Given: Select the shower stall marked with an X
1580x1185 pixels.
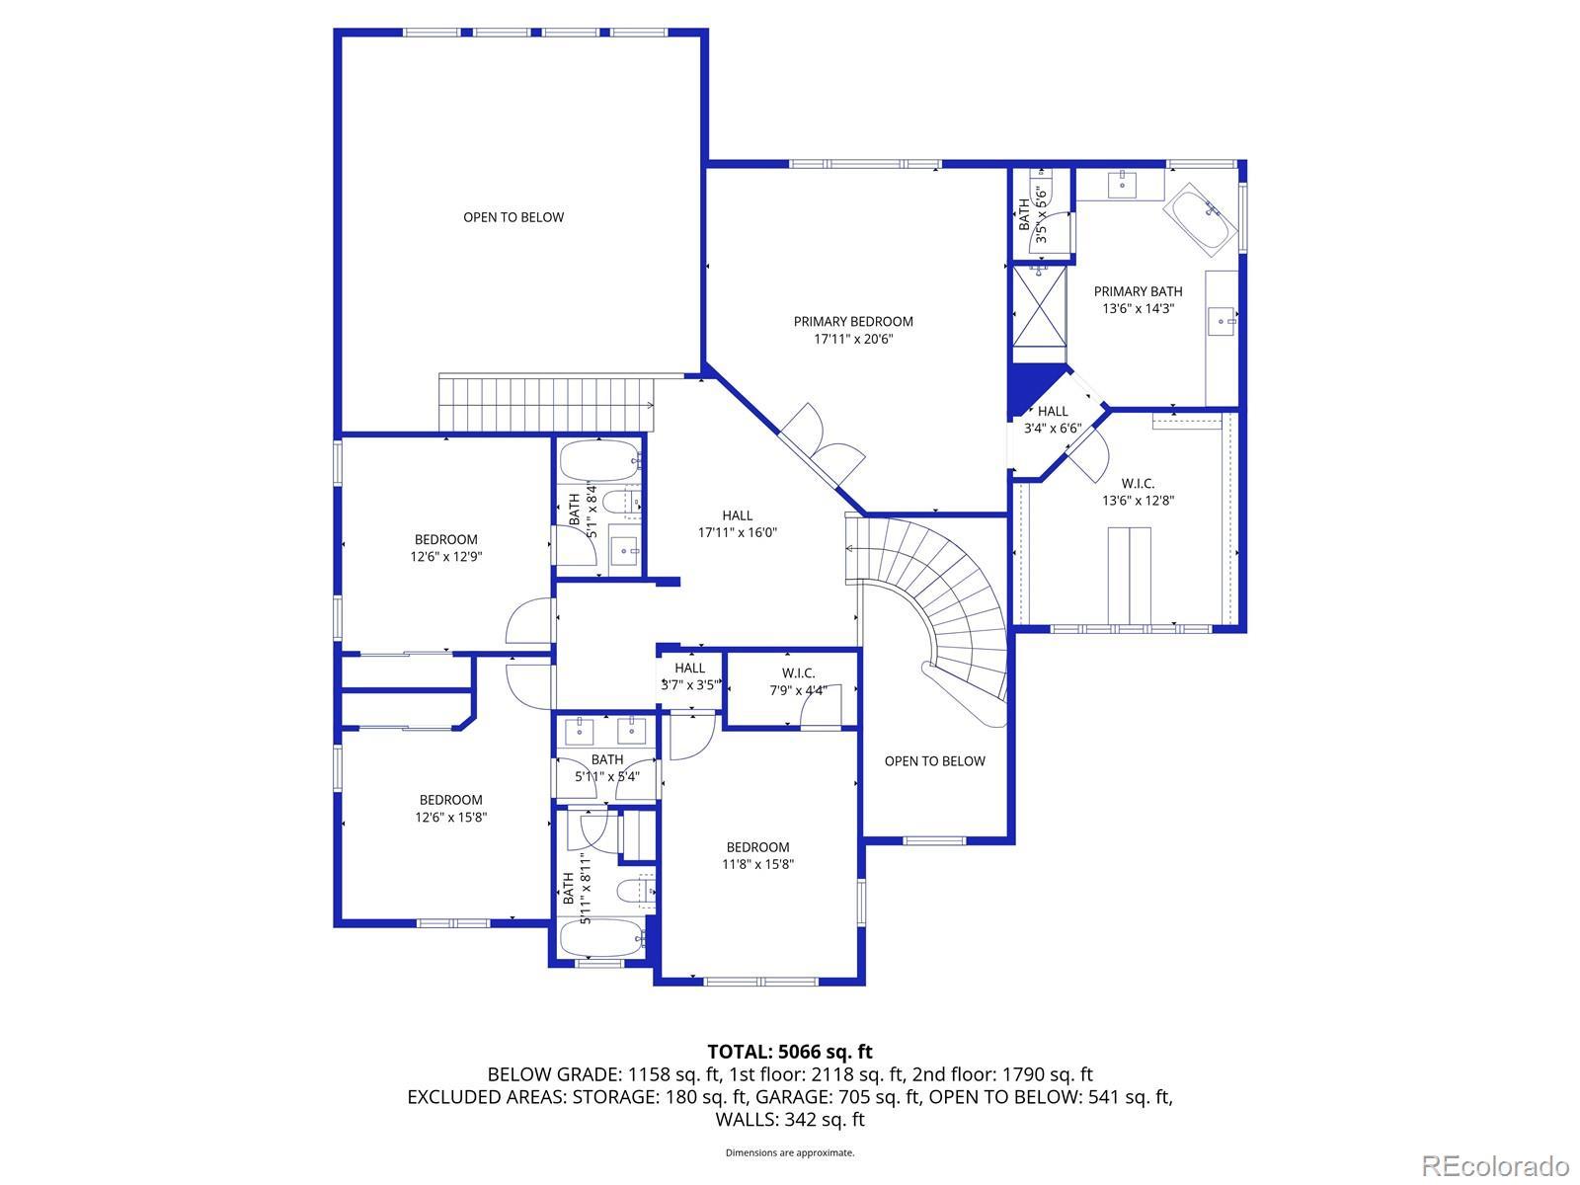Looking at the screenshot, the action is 1040,305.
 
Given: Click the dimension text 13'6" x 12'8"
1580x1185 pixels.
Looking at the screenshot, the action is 1138,500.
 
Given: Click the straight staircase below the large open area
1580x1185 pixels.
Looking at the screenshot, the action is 547,403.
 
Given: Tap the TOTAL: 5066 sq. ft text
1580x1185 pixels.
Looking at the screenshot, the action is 790,1052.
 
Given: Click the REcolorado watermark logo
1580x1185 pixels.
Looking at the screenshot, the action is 1496,1164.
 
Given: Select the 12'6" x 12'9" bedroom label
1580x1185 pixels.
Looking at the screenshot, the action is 446,547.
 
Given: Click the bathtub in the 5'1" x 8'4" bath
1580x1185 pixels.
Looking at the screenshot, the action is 599,460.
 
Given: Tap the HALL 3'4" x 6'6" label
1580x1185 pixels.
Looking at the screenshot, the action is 1053,420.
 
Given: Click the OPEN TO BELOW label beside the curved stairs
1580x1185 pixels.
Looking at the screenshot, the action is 934,761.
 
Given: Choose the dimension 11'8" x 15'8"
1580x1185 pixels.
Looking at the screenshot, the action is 758,864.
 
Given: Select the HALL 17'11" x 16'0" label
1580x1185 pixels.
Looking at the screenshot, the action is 737,523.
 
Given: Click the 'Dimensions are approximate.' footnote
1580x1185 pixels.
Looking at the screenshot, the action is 790,1152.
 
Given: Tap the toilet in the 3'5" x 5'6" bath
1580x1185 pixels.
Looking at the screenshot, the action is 1042,189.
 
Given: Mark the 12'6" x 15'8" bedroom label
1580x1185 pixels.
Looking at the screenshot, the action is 451,808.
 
